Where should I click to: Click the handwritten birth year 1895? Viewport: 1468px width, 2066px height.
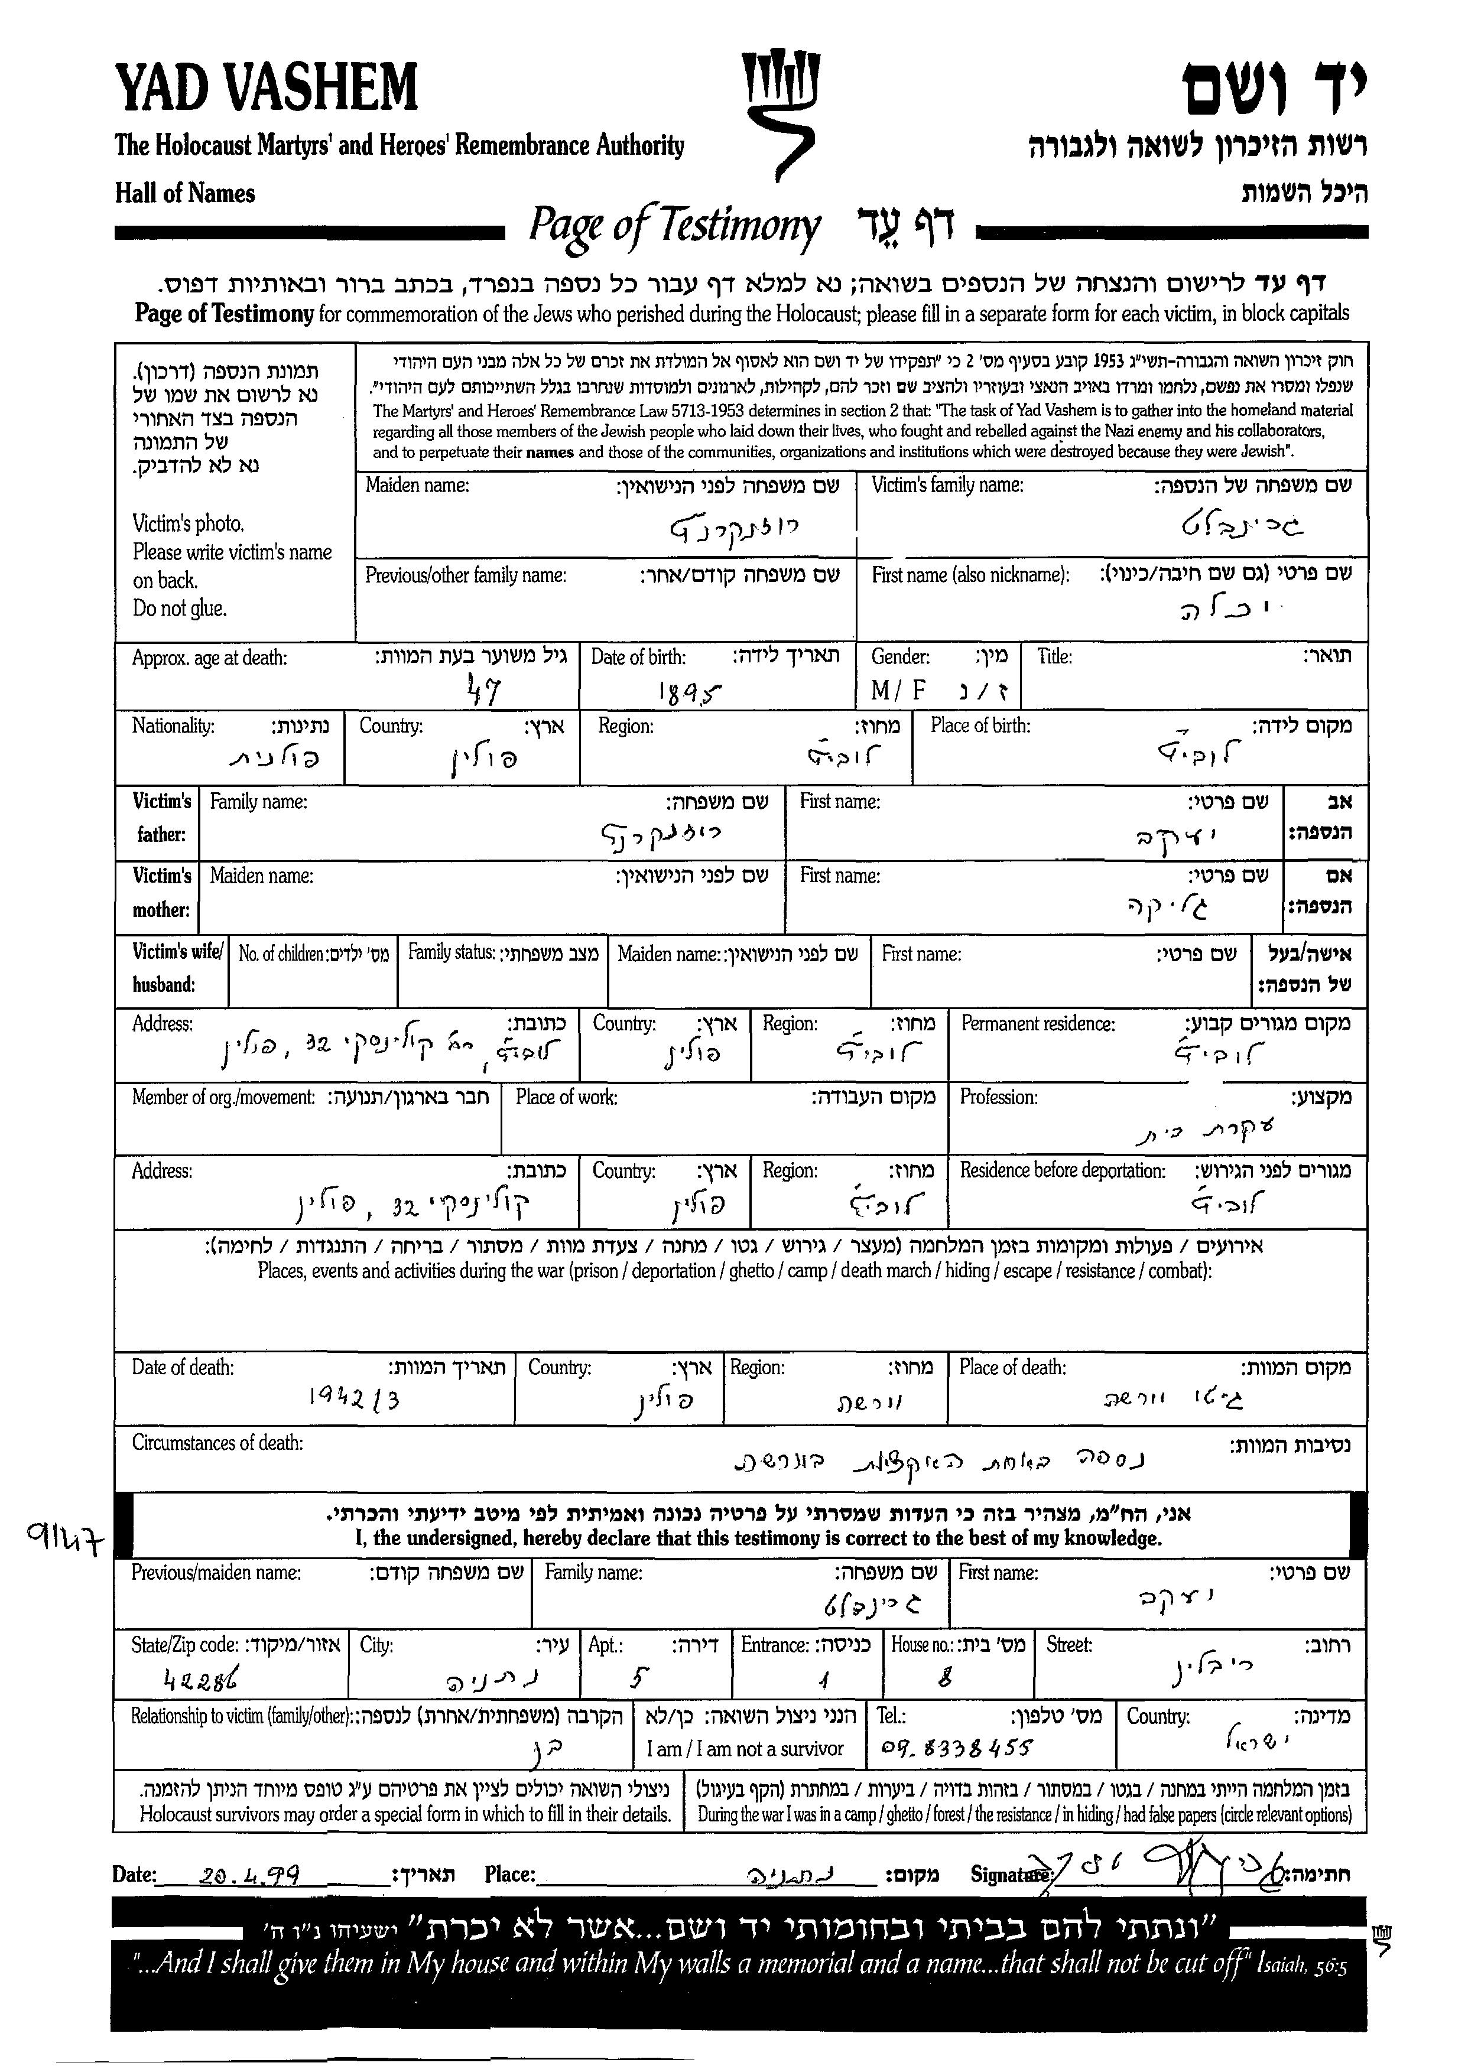[x=691, y=692]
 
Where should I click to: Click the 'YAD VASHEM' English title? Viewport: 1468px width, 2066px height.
[x=267, y=89]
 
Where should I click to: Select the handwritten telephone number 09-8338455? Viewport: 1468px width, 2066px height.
[x=956, y=1748]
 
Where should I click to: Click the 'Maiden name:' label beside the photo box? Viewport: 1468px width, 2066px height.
[x=417, y=485]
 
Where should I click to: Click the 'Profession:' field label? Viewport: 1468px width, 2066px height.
[x=998, y=1097]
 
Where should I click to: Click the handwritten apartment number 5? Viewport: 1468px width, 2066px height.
[x=638, y=1678]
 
